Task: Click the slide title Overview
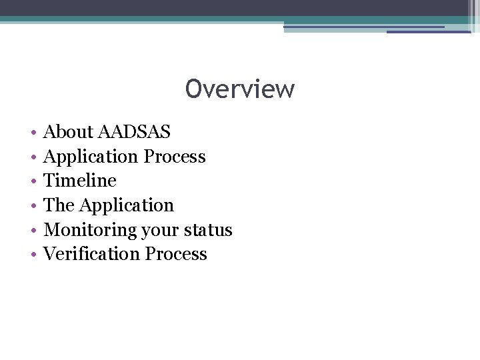[x=240, y=89]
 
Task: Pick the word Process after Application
[x=175, y=157]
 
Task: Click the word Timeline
[x=80, y=181]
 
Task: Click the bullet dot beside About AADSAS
[x=33, y=133]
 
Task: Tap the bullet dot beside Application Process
[x=33, y=157]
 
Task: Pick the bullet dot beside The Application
[x=33, y=206]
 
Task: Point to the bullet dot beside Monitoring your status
[x=33, y=231]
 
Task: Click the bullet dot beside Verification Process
[x=33, y=255]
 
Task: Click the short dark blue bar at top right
[x=428, y=31]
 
